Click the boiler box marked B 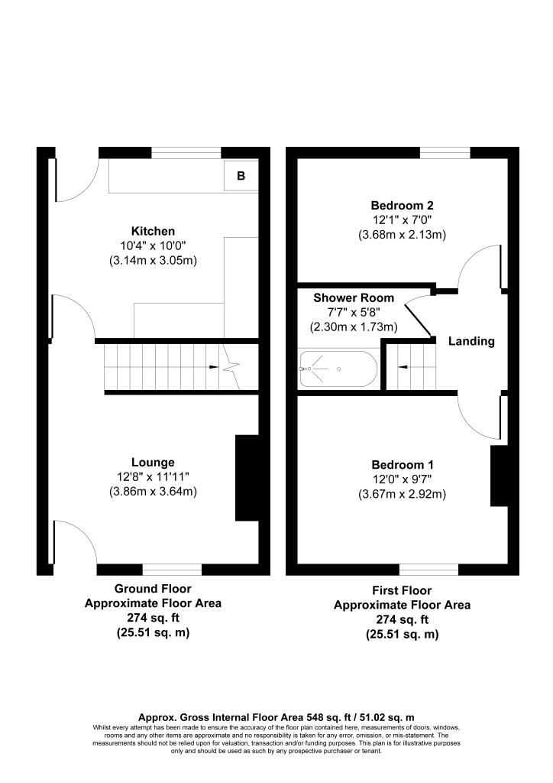coord(241,176)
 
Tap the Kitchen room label coord(154,231)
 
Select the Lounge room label coord(153,462)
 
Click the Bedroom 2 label coord(402,205)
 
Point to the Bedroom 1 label coord(402,465)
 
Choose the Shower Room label coord(354,298)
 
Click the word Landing coord(471,341)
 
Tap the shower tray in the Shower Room coord(337,369)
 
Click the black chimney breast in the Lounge coord(247,479)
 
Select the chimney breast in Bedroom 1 coord(499,476)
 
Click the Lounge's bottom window coord(172,570)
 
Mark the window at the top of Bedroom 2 coord(445,153)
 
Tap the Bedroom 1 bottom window coord(428,570)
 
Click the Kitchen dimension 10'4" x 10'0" coord(153,245)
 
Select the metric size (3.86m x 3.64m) coord(153,492)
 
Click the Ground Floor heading coord(153,589)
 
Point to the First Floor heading coord(402,590)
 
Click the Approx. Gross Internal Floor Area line coord(276,717)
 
